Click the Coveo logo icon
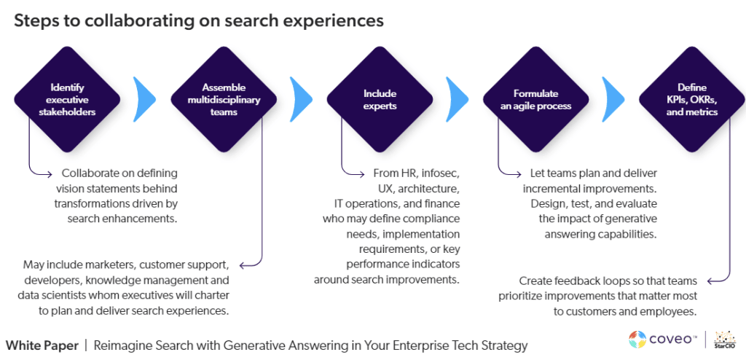tap(637, 339)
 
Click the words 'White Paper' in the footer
tap(41, 345)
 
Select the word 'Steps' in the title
tap(34, 20)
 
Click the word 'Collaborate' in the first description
tap(93, 173)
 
